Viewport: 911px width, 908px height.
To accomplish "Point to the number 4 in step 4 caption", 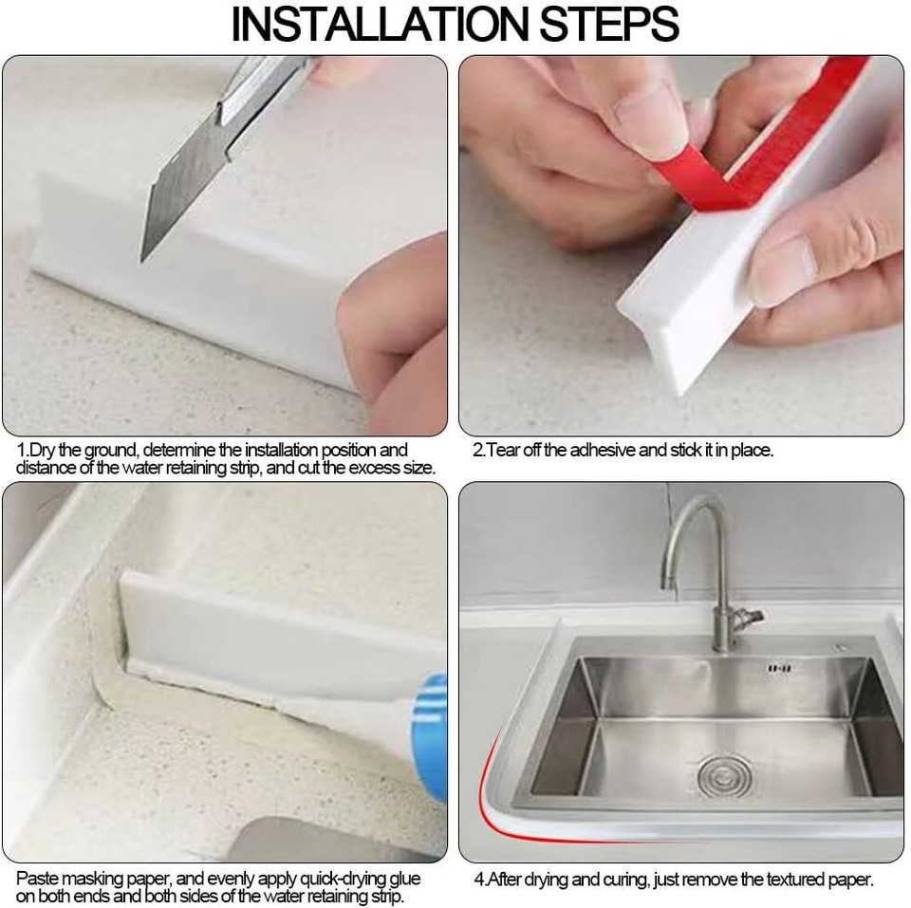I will pos(478,879).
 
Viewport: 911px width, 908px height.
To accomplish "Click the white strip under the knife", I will pos(190,285).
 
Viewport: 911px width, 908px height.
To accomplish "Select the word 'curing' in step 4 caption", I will pos(617,879).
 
